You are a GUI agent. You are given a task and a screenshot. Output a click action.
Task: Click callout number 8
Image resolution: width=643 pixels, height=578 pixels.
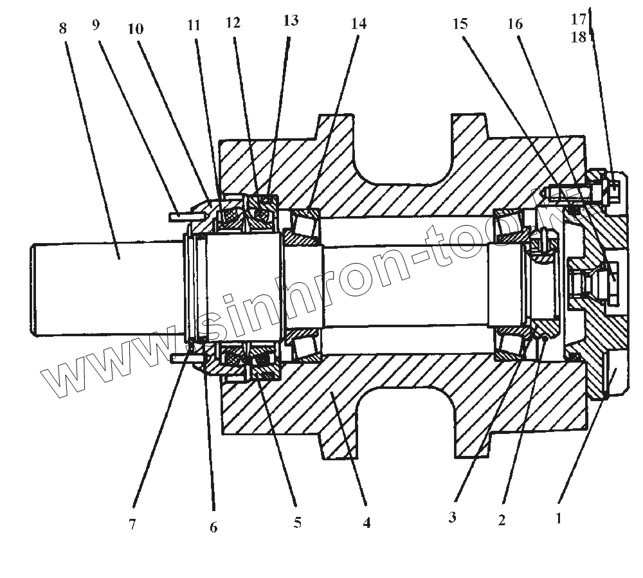tap(62, 29)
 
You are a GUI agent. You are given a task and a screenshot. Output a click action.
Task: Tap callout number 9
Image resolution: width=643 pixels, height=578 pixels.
tap(96, 26)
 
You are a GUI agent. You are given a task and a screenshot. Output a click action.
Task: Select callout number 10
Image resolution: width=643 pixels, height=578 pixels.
tap(135, 30)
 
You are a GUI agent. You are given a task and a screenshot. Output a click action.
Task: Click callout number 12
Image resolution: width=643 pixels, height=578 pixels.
tap(233, 23)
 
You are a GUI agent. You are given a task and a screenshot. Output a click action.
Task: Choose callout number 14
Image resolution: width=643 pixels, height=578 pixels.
tap(358, 24)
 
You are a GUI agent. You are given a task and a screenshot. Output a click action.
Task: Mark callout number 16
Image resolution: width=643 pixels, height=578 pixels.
tap(515, 24)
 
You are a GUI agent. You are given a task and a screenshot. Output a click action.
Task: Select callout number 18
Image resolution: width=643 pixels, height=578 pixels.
tap(579, 37)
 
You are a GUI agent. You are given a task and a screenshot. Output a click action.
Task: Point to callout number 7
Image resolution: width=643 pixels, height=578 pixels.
tap(132, 525)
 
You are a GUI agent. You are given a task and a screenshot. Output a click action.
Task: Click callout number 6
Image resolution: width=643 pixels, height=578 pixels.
tap(213, 528)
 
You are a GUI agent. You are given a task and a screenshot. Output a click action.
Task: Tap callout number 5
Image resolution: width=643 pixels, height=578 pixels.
tap(296, 523)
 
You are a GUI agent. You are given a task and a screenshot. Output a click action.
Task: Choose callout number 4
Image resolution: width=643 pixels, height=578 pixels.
tap(367, 523)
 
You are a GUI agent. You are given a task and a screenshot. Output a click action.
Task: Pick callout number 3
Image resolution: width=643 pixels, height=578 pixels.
tap(453, 517)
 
